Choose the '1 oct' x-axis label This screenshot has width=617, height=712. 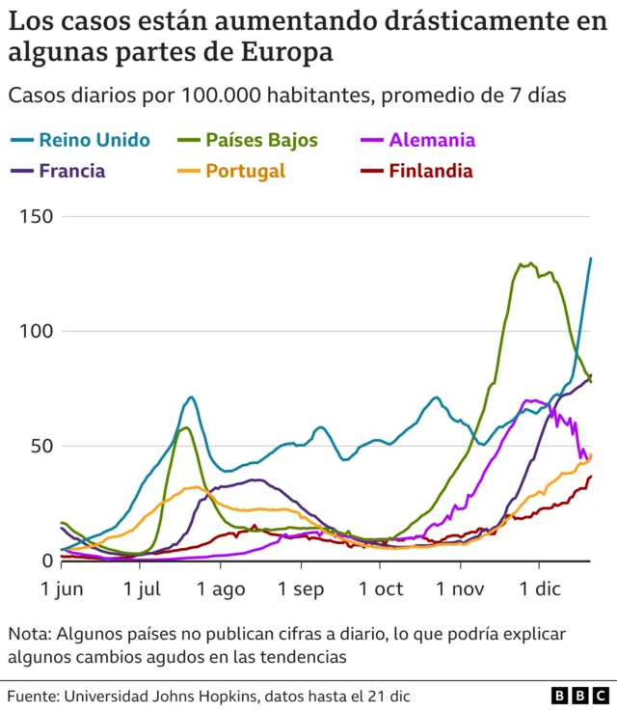point(381,589)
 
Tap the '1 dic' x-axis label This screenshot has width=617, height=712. point(538,589)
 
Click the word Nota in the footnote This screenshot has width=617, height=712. point(31,634)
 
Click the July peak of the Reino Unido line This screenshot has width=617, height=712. point(192,397)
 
